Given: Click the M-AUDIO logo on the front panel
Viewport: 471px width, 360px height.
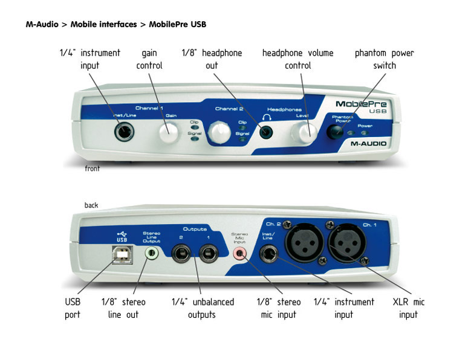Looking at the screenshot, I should [x=369, y=144].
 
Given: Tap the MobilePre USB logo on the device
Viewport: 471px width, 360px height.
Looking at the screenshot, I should [x=361, y=106].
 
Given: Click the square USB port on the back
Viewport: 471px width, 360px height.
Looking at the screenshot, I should [x=122, y=255].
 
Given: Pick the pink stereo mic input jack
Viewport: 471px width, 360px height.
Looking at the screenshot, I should [x=241, y=254].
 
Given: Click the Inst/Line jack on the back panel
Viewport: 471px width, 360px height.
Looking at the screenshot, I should [x=267, y=255].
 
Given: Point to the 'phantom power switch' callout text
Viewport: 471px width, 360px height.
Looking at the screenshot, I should [x=384, y=59].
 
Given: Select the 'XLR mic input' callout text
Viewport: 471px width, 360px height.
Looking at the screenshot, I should [x=408, y=308].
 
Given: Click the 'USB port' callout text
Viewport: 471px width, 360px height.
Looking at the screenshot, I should [x=72, y=308].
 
